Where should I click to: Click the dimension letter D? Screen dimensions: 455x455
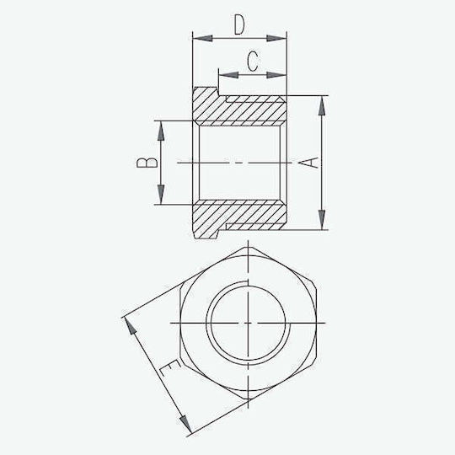(x=239, y=25)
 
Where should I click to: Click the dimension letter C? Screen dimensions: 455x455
(x=253, y=62)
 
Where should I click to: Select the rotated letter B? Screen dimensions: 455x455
(x=147, y=163)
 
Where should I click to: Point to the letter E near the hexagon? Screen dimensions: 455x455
(x=169, y=368)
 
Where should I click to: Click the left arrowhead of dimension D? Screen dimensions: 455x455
(x=202, y=38)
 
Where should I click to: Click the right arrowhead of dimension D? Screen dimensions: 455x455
(x=276, y=38)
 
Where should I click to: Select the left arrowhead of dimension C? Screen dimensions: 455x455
(x=228, y=75)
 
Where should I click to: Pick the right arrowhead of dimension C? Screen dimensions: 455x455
(x=276, y=75)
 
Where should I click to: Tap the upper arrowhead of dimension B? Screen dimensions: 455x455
(x=161, y=131)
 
